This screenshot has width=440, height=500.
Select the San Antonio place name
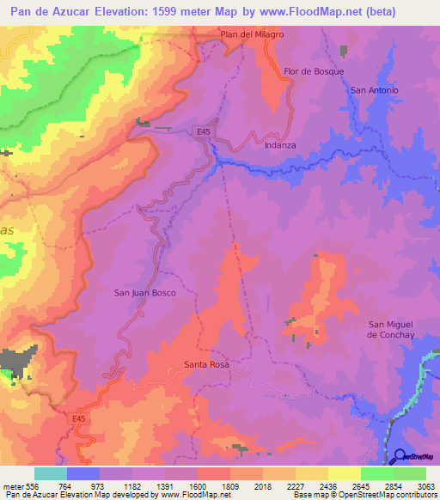point(374,90)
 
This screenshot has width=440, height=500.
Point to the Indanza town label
point(279,145)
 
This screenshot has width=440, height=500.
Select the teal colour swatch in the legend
point(51,473)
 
